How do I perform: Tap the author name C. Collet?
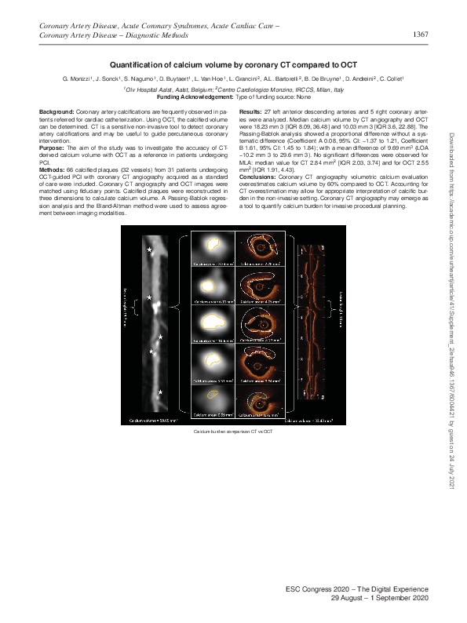389,80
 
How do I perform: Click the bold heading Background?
57,114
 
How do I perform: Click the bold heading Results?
252,114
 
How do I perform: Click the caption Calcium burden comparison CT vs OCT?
233,432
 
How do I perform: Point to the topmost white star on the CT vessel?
151,250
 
